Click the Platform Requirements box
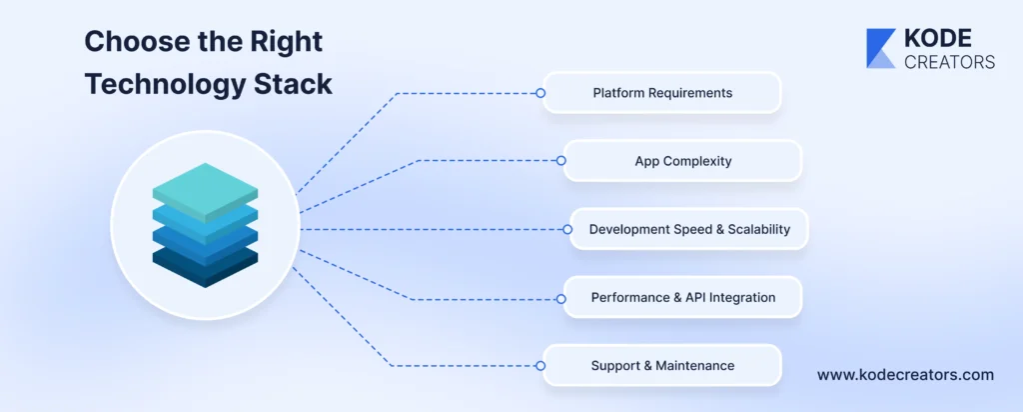point(661,93)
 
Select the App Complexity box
point(682,160)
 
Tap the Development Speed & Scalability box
point(688,229)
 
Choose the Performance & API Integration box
point(682,297)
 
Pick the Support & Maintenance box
point(661,365)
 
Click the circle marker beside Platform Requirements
point(540,93)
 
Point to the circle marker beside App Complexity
point(562,160)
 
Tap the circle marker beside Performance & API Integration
point(562,297)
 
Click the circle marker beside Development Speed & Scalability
point(567,229)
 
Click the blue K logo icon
point(880,49)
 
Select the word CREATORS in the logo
point(948,62)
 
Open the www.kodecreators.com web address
point(905,375)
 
